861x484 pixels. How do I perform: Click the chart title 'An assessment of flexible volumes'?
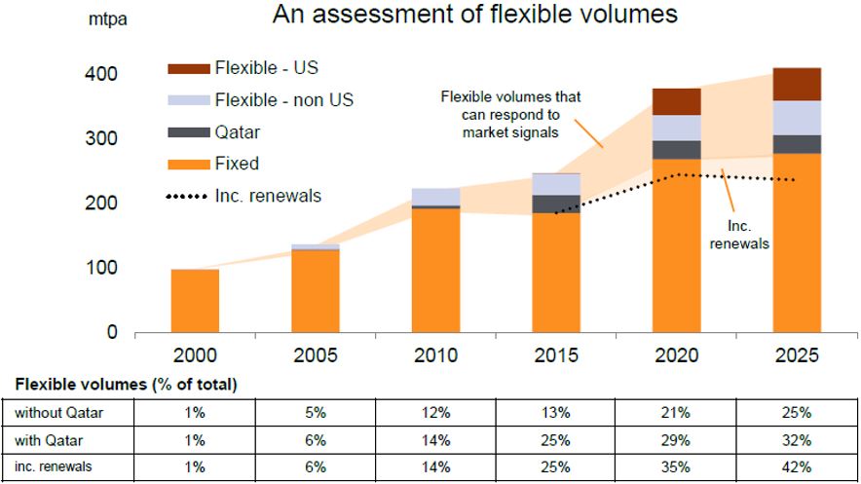474,16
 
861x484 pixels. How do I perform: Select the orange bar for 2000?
195,300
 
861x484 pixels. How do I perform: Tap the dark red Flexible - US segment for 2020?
677,101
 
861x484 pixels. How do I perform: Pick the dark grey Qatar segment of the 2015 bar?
555,204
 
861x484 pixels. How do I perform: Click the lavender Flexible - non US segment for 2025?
797,118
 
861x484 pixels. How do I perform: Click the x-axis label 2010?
435,355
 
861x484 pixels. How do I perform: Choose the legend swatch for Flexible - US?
188,68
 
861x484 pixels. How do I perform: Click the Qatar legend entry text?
237,132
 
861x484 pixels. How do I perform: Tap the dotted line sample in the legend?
188,197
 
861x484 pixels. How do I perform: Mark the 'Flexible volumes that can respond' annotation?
510,114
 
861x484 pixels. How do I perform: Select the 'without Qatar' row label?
58,413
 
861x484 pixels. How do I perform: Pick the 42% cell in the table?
797,466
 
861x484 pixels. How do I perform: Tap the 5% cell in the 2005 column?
315,413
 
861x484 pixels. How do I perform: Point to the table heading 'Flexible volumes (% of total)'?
126,385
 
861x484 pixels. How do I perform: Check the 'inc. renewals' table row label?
54,466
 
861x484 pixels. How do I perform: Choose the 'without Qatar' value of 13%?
555,413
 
